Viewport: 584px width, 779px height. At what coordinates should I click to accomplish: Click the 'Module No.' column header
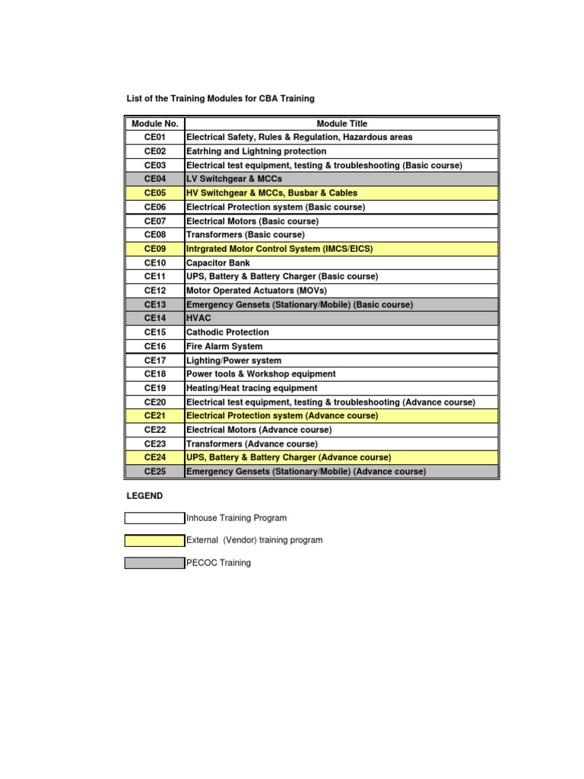coord(154,123)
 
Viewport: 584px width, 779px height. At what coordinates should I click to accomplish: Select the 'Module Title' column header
coord(341,123)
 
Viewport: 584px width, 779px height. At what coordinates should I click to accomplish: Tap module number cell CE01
coord(154,137)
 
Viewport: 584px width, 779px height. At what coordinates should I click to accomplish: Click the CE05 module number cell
coord(154,193)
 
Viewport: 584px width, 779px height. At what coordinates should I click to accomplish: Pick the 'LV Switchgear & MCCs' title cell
coord(234,179)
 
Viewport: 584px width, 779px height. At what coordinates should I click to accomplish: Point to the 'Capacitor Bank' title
coord(217,262)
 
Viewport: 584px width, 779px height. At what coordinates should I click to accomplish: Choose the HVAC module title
coord(198,318)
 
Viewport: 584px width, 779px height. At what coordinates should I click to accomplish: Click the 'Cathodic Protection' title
coord(227,332)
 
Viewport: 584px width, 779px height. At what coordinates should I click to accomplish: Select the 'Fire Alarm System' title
coord(224,346)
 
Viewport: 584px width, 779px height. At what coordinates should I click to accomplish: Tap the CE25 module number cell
coord(154,472)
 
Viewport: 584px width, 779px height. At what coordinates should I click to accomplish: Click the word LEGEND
coord(144,496)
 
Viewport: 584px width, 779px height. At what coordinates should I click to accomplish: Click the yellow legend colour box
coord(154,540)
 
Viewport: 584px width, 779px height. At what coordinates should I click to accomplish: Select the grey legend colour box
coord(154,563)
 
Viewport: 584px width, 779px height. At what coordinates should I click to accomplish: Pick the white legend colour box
coord(154,518)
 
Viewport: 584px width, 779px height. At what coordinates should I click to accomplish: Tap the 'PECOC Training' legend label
coord(218,563)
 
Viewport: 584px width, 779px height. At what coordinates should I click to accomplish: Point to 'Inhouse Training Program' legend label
coord(236,518)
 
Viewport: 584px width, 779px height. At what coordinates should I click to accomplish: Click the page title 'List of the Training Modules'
coord(220,99)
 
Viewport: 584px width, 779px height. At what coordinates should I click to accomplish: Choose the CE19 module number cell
coord(154,388)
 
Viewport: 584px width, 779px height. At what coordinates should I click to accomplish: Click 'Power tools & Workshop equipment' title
coord(261,374)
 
